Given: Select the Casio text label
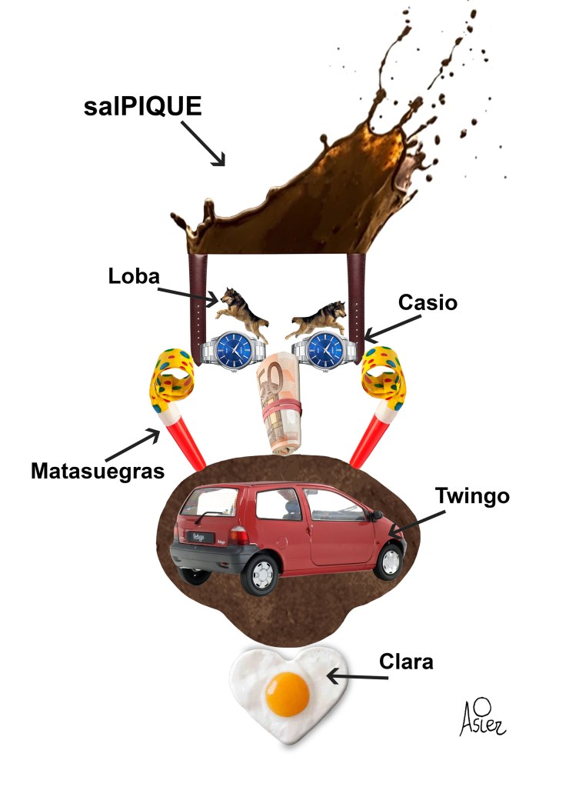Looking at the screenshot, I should [428, 302].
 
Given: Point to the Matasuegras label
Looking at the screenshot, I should [98, 470].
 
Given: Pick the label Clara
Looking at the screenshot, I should [405, 661].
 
